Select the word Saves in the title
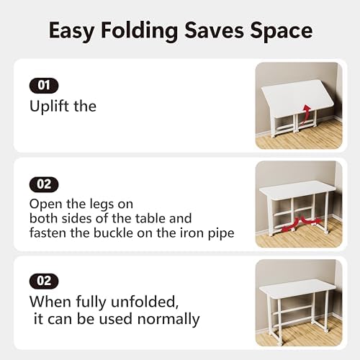[x=214, y=30]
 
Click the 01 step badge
[x=44, y=86]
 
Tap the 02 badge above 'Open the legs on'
[x=44, y=184]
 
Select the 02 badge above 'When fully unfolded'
[x=44, y=282]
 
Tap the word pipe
[x=221, y=233]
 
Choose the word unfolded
[x=145, y=302]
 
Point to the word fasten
[x=48, y=233]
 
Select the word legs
[x=102, y=204]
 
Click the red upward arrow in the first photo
[x=305, y=114]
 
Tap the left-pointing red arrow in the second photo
[x=289, y=225]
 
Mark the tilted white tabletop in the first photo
[x=297, y=98]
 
